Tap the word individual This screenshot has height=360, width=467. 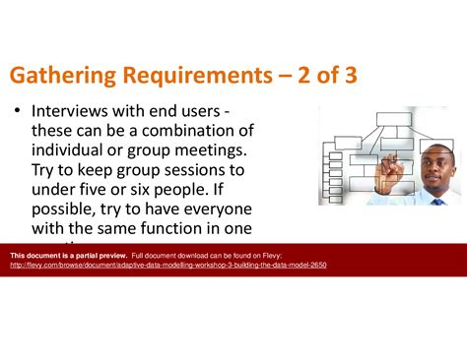(x=73, y=150)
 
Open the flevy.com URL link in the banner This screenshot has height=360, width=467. (x=167, y=265)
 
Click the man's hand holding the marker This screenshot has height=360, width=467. (x=395, y=167)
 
